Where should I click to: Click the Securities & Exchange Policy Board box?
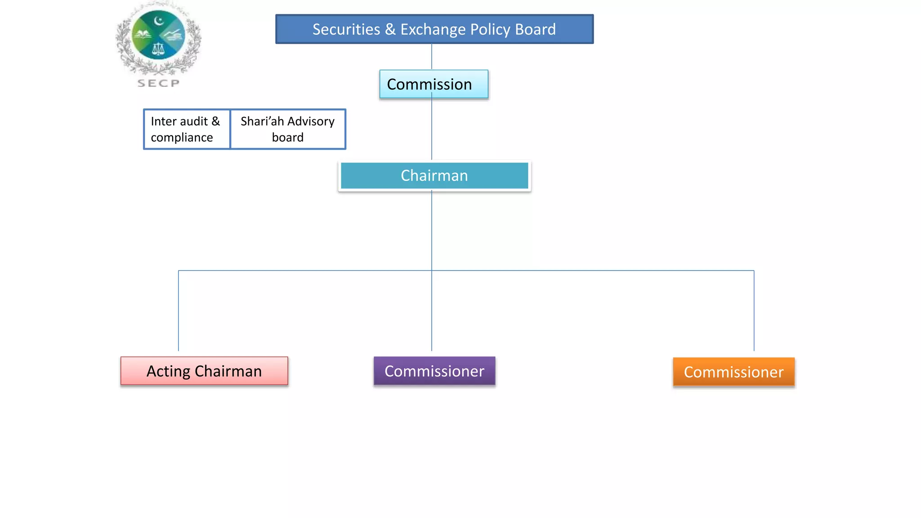434,29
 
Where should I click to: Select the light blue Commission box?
434,84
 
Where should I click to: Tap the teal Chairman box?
434,176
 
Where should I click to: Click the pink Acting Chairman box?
204,371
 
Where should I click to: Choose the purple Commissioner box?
434,371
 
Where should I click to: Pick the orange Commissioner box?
733,372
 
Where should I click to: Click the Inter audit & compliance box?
187,129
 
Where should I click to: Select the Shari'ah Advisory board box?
288,129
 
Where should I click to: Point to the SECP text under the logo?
158,83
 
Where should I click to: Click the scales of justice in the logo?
158,49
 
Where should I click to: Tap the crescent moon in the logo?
158,21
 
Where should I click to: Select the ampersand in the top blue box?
390,29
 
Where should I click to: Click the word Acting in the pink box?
169,371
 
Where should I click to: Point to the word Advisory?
311,121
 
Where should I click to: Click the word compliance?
182,138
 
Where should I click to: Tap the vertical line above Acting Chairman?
179,310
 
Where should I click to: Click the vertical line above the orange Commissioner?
754,310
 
